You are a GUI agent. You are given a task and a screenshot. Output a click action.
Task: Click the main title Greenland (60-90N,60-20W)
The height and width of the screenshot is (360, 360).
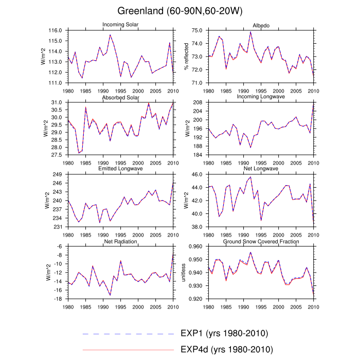(180, 11)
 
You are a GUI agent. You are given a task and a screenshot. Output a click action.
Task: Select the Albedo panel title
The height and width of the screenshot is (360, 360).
(260, 25)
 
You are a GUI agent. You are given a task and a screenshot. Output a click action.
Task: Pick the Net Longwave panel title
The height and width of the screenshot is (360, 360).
(260, 169)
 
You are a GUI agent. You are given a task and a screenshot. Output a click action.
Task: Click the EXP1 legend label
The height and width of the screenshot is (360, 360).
(225, 333)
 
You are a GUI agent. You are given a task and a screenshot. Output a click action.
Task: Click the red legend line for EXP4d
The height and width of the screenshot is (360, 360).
(128, 350)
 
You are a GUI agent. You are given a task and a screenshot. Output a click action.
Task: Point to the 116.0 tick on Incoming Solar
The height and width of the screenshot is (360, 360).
(57, 31)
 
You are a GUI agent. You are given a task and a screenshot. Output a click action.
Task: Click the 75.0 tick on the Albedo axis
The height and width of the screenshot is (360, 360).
(197, 31)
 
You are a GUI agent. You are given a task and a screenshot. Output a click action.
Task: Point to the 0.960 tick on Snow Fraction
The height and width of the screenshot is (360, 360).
(195, 247)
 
